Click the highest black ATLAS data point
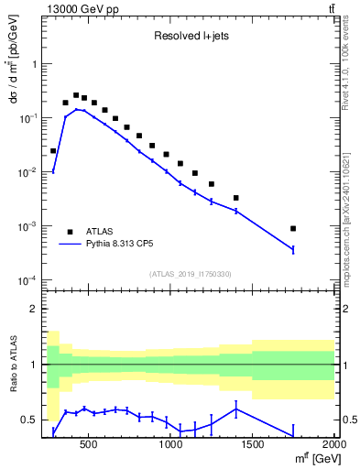point(76,95)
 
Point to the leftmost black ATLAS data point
point(53,150)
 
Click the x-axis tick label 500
point(89,444)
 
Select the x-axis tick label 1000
point(171,444)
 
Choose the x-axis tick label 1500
point(253,444)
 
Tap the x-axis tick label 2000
point(334,444)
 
